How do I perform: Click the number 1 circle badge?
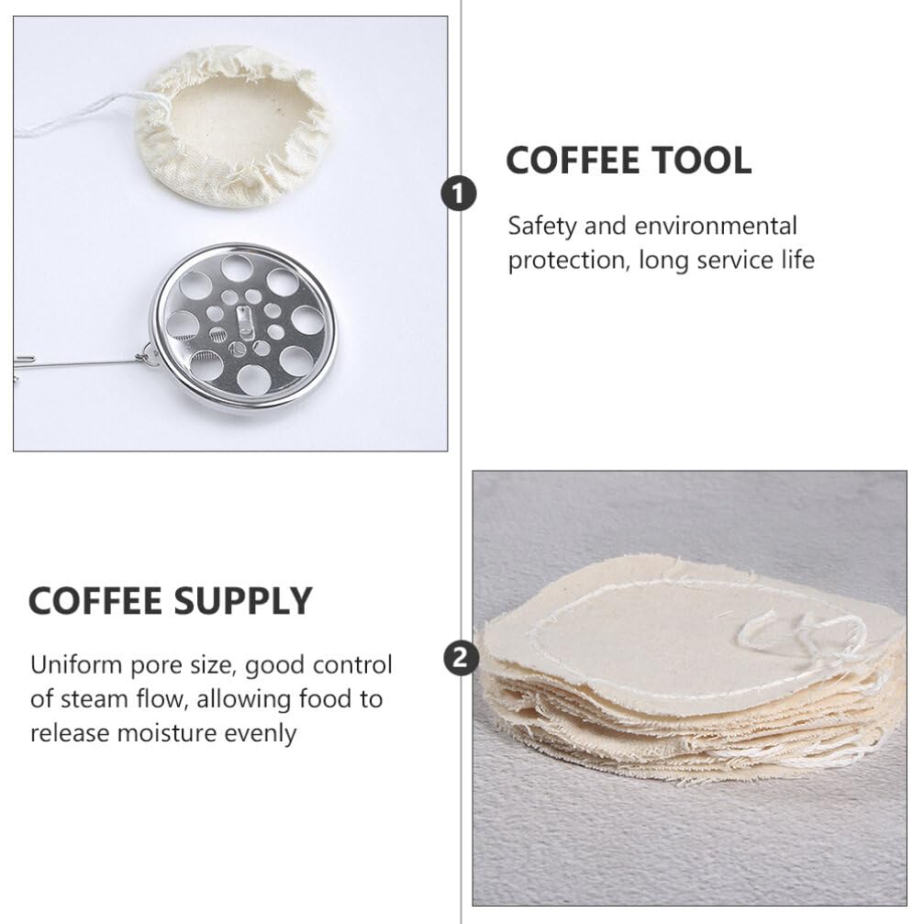[x=459, y=194]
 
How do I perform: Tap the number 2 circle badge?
[x=460, y=658]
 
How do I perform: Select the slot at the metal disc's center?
[x=242, y=321]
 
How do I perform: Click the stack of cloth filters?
[x=688, y=679]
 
